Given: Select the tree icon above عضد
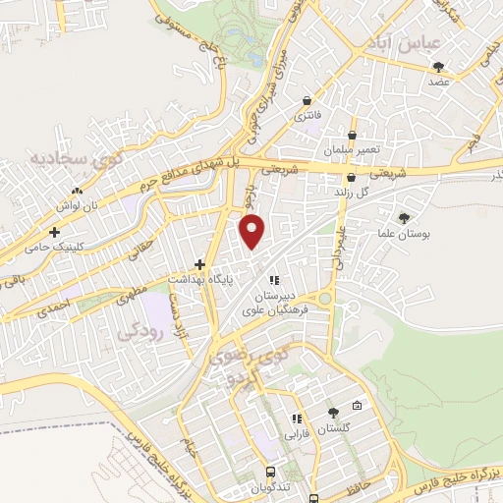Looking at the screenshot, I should pos(438,67).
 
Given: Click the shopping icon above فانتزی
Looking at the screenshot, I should pos(307,100).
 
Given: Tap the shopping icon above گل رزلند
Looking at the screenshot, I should pos(352,178).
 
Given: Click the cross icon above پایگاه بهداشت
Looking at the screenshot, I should pos(199,263).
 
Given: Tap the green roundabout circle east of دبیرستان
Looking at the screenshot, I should pos(324,299).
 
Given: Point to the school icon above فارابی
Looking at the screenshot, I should pos(297,418).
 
